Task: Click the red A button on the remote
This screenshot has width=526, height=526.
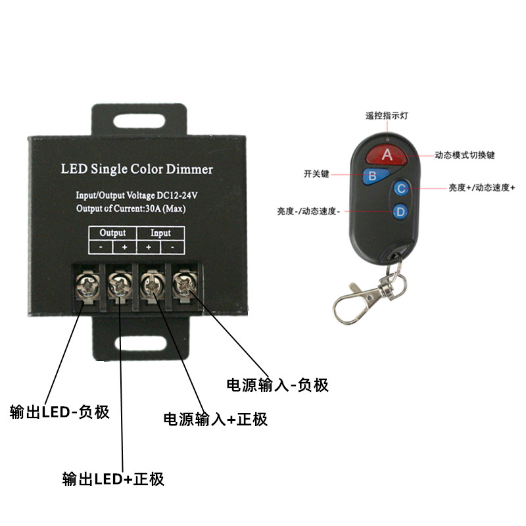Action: point(387,155)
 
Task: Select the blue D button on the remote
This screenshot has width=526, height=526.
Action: point(400,212)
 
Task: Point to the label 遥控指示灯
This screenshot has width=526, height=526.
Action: point(388,115)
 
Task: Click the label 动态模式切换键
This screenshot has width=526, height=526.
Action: point(464,156)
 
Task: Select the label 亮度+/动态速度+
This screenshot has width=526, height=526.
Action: point(482,187)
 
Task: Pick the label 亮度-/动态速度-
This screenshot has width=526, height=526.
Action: point(308,211)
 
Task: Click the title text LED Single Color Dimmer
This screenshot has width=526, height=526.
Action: point(137,169)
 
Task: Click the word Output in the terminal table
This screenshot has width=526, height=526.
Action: point(112,233)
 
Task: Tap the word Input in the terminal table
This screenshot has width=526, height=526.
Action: point(160,233)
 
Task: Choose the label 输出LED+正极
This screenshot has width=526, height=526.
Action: point(112,479)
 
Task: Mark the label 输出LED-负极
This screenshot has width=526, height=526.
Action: point(59,412)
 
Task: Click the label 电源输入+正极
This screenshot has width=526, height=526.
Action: point(215,419)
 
